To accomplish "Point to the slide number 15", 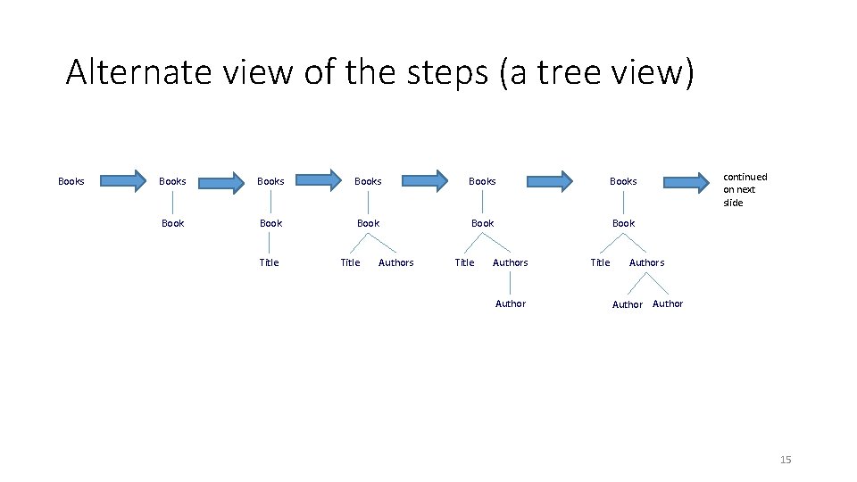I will [786, 460].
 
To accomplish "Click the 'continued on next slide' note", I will [745, 189].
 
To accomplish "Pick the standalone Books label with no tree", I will [71, 181].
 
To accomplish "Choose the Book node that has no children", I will [172, 223].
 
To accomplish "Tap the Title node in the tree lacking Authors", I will [269, 262].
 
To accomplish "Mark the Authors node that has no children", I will [395, 262].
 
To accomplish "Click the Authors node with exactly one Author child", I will [510, 262].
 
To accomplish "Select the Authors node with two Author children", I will [646, 262].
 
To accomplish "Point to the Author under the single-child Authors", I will [510, 303].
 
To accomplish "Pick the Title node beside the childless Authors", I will [350, 262].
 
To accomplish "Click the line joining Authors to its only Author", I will [510, 283].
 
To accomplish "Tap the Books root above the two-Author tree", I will [623, 181].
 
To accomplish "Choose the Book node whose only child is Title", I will [270, 223].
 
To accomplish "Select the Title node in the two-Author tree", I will [600, 262].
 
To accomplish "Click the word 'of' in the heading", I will [316, 71].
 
